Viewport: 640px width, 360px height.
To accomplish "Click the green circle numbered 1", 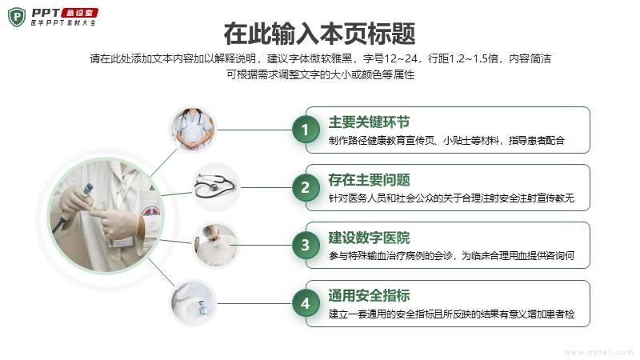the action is pos(306,130).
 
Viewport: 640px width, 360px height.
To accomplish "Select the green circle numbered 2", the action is pos(306,188).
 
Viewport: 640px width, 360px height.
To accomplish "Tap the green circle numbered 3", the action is pos(306,246).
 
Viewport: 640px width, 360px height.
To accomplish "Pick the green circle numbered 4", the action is pos(306,304).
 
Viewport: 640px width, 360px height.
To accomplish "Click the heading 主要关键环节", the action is pos(369,122).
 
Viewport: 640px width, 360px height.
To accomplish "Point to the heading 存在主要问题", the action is pos(369,180).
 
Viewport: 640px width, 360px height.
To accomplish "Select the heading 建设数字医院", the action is pos(369,238).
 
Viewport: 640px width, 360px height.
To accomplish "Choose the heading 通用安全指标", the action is pos(369,295).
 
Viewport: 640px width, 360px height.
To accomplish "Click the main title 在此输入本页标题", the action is pos(319,34).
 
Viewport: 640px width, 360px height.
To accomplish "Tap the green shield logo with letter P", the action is pos(17,17).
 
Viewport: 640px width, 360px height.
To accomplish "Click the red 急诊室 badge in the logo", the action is pos(79,13).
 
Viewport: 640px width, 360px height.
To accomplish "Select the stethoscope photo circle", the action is pos(215,187).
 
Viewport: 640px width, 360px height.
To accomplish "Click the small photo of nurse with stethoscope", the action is pos(193,130).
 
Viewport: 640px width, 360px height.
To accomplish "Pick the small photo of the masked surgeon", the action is pos(215,246).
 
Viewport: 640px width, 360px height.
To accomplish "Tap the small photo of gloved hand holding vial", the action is pos(193,303).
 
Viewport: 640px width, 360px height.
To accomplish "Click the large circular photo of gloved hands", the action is pos(106,216).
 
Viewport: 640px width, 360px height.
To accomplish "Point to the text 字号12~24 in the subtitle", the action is pos(390,58).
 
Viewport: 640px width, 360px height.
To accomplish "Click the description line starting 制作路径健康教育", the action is pos(446,141).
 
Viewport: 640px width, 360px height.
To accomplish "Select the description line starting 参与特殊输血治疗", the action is pos(451,256).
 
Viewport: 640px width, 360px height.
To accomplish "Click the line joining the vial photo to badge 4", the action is pos(254,303).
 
